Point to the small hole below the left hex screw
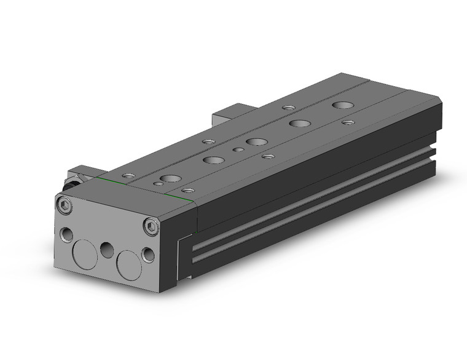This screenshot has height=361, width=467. click(65, 234)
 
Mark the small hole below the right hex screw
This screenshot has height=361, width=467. click(148, 253)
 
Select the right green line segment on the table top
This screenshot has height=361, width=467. click(179, 196)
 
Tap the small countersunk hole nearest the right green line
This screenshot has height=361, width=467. click(187, 191)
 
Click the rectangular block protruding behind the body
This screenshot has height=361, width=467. click(227, 116)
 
